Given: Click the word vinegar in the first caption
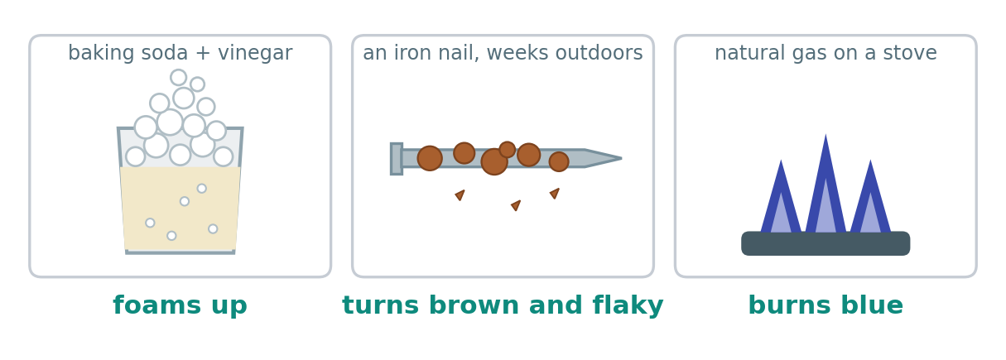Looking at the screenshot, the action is (x=255, y=54).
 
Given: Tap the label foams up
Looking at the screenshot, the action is (x=181, y=305).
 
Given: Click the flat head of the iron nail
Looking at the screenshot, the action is (x=397, y=158).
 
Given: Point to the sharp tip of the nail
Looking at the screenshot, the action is (x=622, y=158).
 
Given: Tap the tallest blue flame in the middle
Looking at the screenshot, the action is (x=825, y=184).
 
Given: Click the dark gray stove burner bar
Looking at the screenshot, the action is (x=825, y=243).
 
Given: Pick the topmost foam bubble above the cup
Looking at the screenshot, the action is (x=178, y=77).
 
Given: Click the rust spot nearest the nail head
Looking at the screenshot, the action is (x=430, y=158).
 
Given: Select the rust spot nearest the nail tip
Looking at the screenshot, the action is (x=559, y=161).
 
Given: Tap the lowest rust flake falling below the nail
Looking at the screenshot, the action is (x=516, y=205).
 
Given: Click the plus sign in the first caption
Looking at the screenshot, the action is (x=204, y=54).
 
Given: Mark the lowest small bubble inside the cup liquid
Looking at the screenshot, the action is (x=171, y=236).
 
